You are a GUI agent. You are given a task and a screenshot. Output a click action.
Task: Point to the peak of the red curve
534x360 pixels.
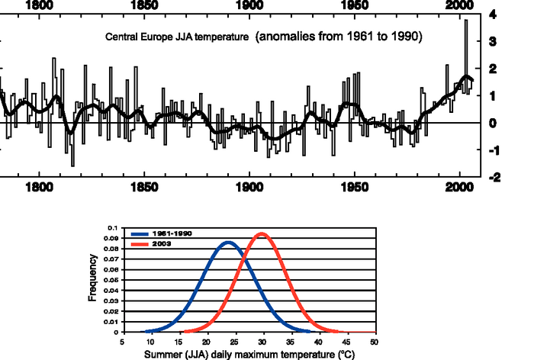pos(262,234)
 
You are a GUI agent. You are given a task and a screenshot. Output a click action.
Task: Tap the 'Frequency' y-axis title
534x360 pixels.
pos(92,279)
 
